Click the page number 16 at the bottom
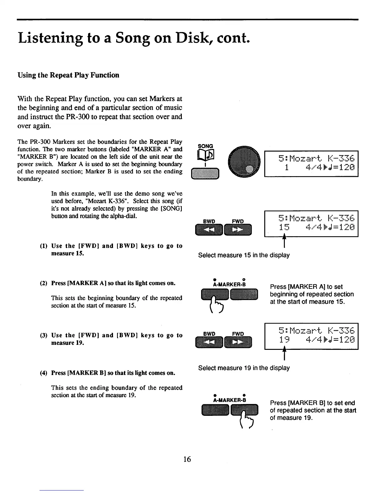tap(187, 459)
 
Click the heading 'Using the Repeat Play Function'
tap(68, 75)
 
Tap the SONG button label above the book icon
tap(205, 146)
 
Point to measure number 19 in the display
tap(284, 340)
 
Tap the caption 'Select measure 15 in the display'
tap(244, 255)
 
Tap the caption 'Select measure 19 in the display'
tap(244, 368)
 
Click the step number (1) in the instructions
tap(44, 246)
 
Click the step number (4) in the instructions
tap(44, 373)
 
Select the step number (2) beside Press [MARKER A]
tap(44, 283)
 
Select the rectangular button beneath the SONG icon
tap(205, 173)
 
